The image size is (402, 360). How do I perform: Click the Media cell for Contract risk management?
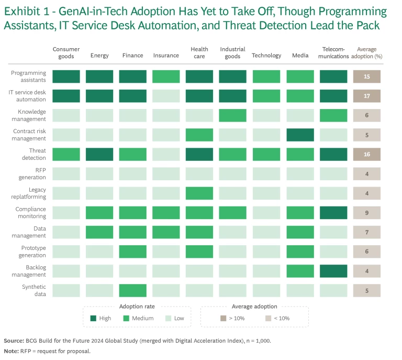tap(300, 135)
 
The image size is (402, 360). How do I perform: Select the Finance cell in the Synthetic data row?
tap(132, 290)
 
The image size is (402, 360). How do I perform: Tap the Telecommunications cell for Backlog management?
tap(333, 271)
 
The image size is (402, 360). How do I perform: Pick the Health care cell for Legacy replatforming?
tap(199, 193)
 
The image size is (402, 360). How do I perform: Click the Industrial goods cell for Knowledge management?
tap(233, 115)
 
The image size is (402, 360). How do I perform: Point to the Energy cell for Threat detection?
tap(99, 154)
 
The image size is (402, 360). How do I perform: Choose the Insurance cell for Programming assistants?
tap(166, 77)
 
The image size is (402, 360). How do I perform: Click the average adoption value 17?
tap(366, 96)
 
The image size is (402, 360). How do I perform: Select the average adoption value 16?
tap(366, 154)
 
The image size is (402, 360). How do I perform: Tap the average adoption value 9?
tap(366, 213)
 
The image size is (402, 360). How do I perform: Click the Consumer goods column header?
tap(66, 53)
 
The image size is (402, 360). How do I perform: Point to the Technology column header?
tap(266, 56)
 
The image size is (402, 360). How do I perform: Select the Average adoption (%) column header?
tap(366, 53)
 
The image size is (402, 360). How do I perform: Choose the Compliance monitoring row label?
tap(30, 213)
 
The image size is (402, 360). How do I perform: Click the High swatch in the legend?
tap(93, 318)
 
